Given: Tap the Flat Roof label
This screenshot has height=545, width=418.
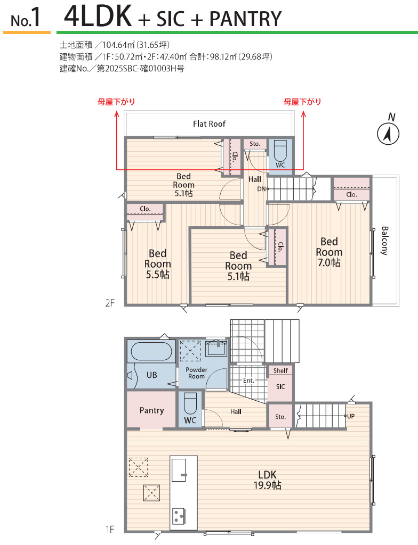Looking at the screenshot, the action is (210, 123).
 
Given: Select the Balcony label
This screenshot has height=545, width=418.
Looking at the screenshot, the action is (384, 241).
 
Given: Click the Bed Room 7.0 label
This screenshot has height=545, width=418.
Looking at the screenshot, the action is (329, 252).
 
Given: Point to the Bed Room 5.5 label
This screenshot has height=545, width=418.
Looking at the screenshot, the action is (157, 264).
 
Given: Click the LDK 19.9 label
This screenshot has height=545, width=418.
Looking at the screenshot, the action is (267, 480).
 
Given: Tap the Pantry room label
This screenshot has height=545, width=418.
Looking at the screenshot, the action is (151, 410).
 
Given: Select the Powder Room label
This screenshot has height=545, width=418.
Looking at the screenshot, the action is (196, 373).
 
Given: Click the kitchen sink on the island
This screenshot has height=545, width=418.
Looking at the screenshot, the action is (179, 470).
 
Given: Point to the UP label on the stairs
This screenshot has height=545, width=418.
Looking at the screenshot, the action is (351, 416).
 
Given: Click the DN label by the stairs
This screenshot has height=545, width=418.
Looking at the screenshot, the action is (261, 189).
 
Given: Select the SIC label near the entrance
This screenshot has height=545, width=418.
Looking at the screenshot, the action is (280, 386).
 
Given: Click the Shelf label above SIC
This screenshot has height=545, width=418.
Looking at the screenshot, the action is (280, 370).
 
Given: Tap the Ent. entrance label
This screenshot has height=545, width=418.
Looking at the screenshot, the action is (248, 381).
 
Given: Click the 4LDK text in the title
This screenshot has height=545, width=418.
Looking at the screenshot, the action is (98, 16).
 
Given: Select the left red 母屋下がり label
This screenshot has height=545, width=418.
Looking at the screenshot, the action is (116, 102).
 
